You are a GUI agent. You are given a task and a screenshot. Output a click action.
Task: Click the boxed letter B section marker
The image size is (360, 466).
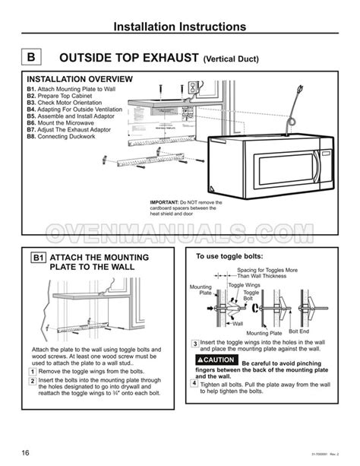[x=30, y=57]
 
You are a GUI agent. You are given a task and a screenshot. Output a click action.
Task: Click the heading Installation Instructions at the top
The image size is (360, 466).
[x=180, y=27]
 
